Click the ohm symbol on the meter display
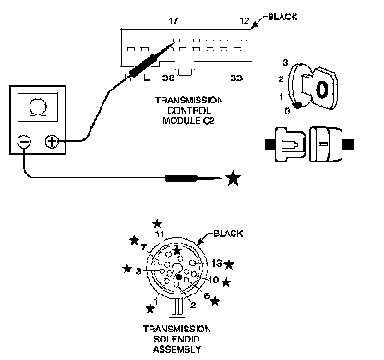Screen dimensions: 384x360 coord(38,109)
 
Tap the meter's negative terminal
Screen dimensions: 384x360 coord(24,141)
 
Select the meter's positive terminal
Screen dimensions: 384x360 coord(52,141)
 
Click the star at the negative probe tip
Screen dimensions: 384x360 coord(233,178)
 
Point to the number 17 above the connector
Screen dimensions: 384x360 coord(174,21)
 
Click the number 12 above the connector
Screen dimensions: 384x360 coord(245,21)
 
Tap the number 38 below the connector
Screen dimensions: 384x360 coord(168,78)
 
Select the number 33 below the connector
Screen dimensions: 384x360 coord(236,78)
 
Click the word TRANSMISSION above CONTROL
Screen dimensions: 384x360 coord(189,101)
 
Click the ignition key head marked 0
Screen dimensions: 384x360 coord(322,89)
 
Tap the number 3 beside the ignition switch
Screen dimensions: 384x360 coord(285,63)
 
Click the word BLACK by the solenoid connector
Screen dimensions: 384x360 coord(228,234)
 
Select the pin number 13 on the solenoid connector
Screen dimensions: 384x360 coord(217,263)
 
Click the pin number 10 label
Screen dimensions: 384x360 coord(213,280)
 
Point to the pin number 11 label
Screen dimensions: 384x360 coord(160,234)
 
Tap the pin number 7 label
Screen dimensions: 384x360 coord(144,247)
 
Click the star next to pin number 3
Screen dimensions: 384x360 coord(126,269)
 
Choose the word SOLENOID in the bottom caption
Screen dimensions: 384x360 coord(176,340)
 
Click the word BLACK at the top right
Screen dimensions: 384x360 coord(282,17)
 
